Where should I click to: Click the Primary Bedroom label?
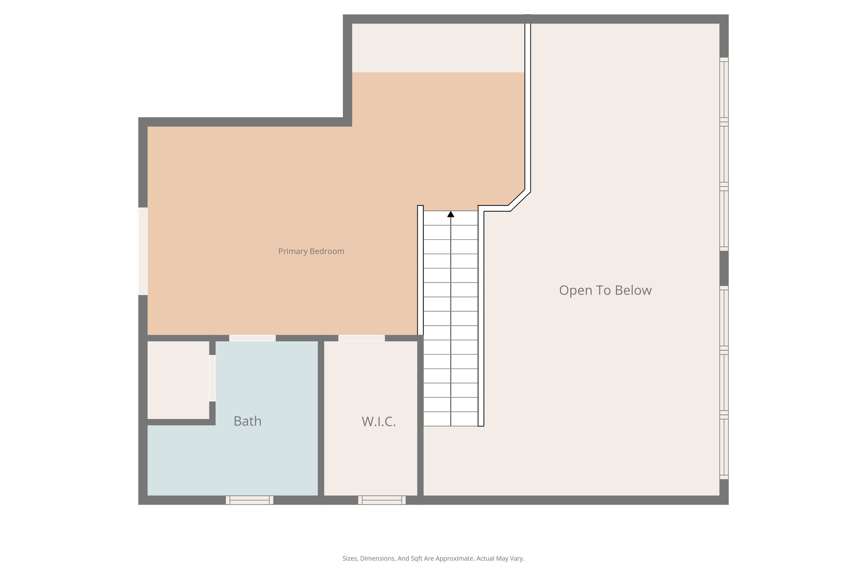[311, 251]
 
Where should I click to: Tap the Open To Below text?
[605, 290]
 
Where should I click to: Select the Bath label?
[247, 421]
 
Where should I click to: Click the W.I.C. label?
[378, 422]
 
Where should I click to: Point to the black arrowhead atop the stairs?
[451, 215]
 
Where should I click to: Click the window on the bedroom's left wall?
[143, 251]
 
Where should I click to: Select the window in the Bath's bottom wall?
[249, 500]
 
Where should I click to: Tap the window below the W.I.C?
[382, 500]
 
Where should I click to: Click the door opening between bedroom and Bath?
[252, 338]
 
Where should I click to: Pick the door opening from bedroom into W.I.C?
[362, 338]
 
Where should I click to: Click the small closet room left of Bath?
[178, 380]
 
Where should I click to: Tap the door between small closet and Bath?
[213, 378]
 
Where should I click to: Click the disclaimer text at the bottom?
[433, 559]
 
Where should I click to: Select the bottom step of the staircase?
[451, 419]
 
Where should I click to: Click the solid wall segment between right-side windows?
[724, 268]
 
